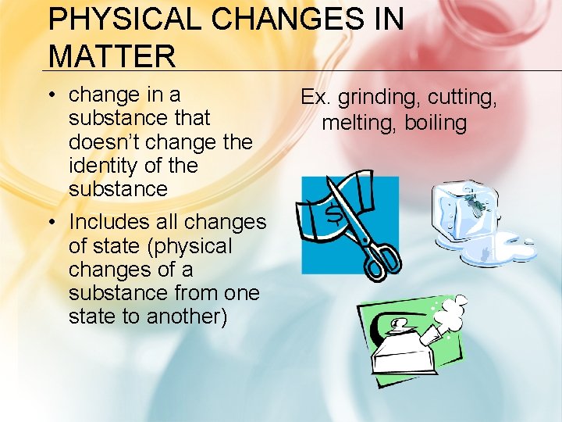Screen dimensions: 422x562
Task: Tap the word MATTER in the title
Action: [x=112, y=55]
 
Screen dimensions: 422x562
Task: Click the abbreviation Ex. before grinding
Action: [x=316, y=98]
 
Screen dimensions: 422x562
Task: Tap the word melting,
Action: [x=359, y=123]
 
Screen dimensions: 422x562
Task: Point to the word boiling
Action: [x=435, y=123]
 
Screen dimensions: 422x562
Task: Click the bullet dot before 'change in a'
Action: [x=52, y=95]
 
